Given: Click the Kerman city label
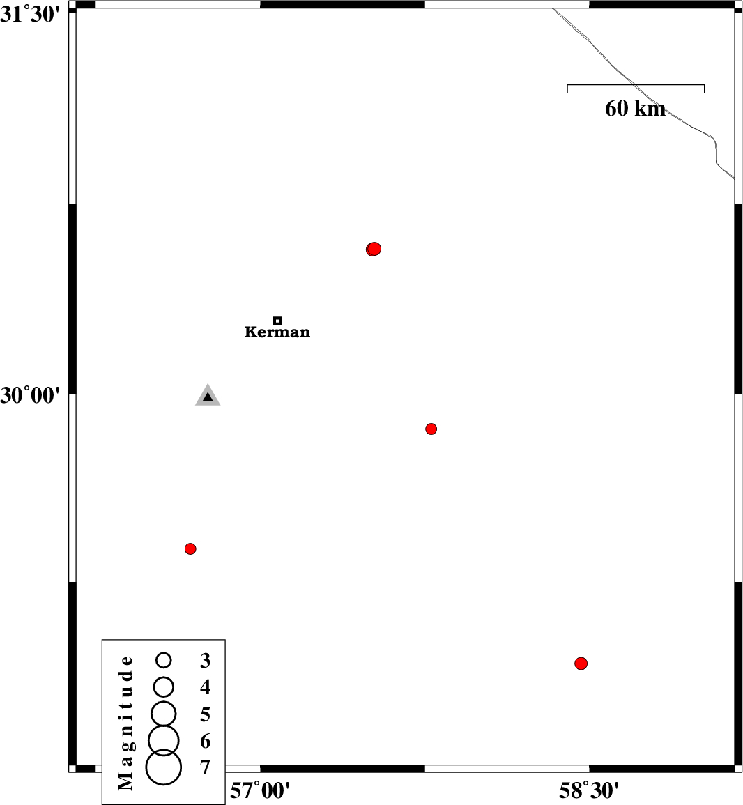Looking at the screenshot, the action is (x=277, y=332).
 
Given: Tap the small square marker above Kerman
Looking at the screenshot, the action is (x=277, y=321).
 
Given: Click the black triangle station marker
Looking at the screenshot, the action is (x=208, y=396).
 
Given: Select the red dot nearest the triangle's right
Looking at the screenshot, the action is (x=431, y=429).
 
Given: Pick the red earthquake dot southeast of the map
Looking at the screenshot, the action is (x=581, y=664).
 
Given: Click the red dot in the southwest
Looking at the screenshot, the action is (x=190, y=549).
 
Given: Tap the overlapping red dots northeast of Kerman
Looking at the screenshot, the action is (x=374, y=249).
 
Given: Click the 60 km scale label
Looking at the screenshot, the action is (x=635, y=109).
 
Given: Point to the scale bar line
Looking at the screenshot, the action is (x=636, y=85).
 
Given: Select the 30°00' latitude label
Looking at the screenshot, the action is (x=30, y=395).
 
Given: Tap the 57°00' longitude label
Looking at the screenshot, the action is (x=260, y=790).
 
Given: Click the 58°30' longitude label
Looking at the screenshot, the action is (x=589, y=790).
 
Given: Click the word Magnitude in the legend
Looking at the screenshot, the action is (x=125, y=722).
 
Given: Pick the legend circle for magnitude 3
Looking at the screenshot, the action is (x=164, y=660).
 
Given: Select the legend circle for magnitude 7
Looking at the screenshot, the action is (x=163, y=767).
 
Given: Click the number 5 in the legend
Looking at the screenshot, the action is (x=206, y=714).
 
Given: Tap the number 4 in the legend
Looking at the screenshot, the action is (x=206, y=687).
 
